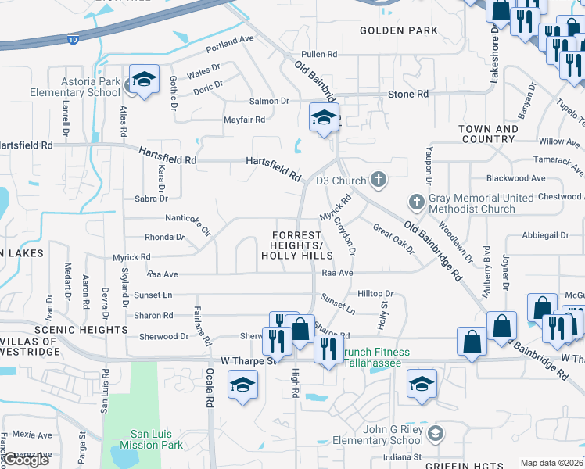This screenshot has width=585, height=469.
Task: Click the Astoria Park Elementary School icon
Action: pyautogui.click(x=144, y=79)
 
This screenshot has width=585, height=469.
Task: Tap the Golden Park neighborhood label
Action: pyautogui.click(x=399, y=30)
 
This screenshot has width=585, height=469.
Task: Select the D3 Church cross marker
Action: pyautogui.click(x=379, y=181)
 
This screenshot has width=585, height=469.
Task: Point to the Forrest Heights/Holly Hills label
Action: pyautogui.click(x=296, y=245)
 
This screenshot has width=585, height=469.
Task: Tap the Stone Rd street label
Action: pyautogui.click(x=408, y=94)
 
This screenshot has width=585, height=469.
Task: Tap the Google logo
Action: pyautogui.click(x=26, y=460)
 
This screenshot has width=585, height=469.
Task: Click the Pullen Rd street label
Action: pyautogui.click(x=319, y=55)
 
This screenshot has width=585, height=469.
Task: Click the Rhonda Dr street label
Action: pyautogui.click(x=164, y=237)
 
